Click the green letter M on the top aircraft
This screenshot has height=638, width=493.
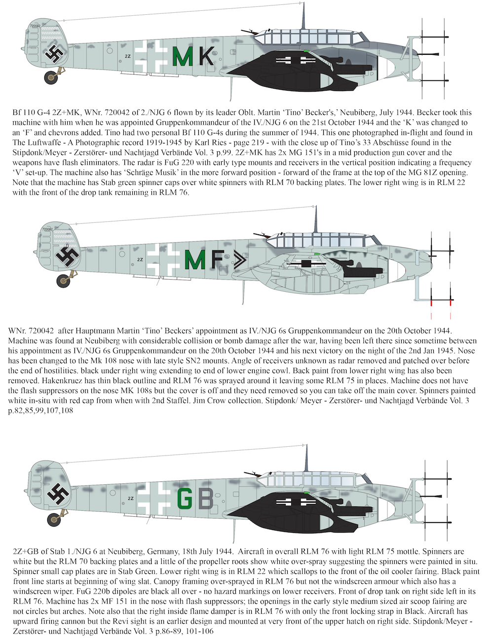point(184,56)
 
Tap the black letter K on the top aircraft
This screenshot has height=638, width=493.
point(206,56)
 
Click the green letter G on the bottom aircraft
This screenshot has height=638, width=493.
point(185,499)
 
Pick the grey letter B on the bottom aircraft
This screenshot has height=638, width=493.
point(205,499)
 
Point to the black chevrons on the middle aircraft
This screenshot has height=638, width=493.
point(239,259)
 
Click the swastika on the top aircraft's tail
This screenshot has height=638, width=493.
point(53,54)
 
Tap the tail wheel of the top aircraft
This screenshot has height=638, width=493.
point(51,77)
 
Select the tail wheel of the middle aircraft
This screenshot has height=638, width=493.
point(63,281)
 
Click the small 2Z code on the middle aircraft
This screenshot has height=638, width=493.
point(140,259)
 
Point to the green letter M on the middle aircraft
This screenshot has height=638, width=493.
point(194,259)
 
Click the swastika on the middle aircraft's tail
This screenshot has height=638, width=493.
point(66,256)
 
